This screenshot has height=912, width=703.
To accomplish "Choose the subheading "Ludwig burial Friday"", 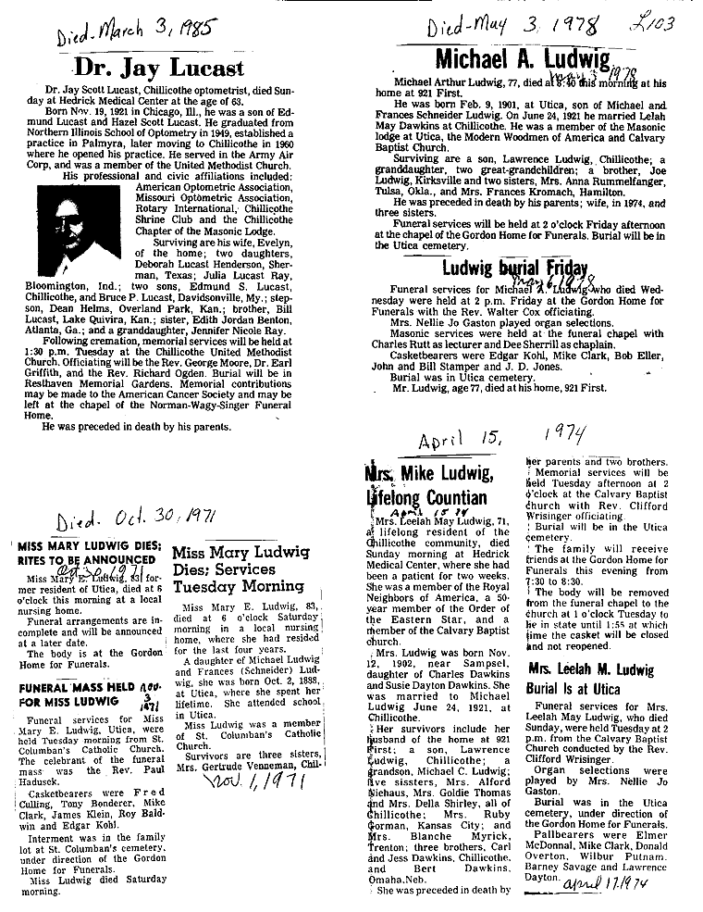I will (514, 269).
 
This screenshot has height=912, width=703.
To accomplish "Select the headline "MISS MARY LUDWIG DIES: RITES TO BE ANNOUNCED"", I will (89, 553).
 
